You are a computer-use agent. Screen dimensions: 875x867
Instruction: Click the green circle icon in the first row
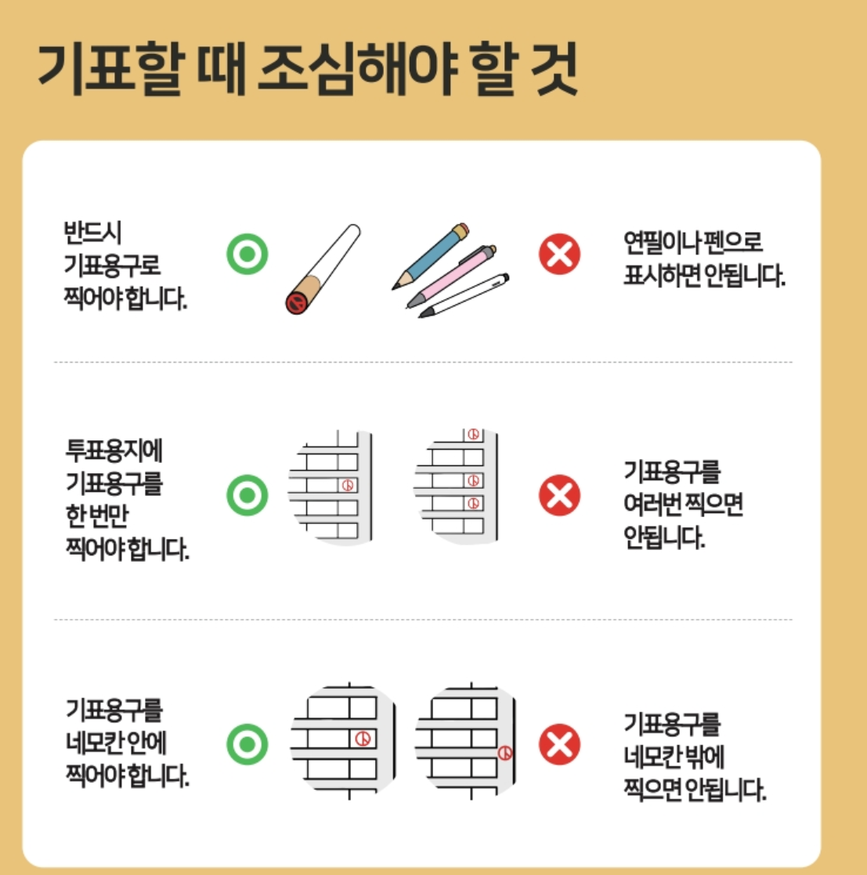[x=247, y=255]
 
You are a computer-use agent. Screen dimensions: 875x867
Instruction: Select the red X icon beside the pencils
[x=559, y=255]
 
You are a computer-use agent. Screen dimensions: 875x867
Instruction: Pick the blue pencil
[x=429, y=256]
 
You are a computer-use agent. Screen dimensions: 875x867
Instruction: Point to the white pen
[x=464, y=295]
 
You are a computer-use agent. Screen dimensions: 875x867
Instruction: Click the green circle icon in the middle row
[x=247, y=495]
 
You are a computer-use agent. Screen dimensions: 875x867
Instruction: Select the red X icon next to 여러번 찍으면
[x=559, y=495]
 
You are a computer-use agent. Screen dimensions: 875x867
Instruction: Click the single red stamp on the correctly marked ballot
[x=349, y=485]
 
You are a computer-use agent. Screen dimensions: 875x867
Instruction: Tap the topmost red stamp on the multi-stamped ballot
[x=472, y=434]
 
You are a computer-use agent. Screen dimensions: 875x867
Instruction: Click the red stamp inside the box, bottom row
[x=362, y=738]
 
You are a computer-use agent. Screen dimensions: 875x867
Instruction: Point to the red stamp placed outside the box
[x=505, y=754]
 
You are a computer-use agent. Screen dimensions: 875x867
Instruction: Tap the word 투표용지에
[x=114, y=452]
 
